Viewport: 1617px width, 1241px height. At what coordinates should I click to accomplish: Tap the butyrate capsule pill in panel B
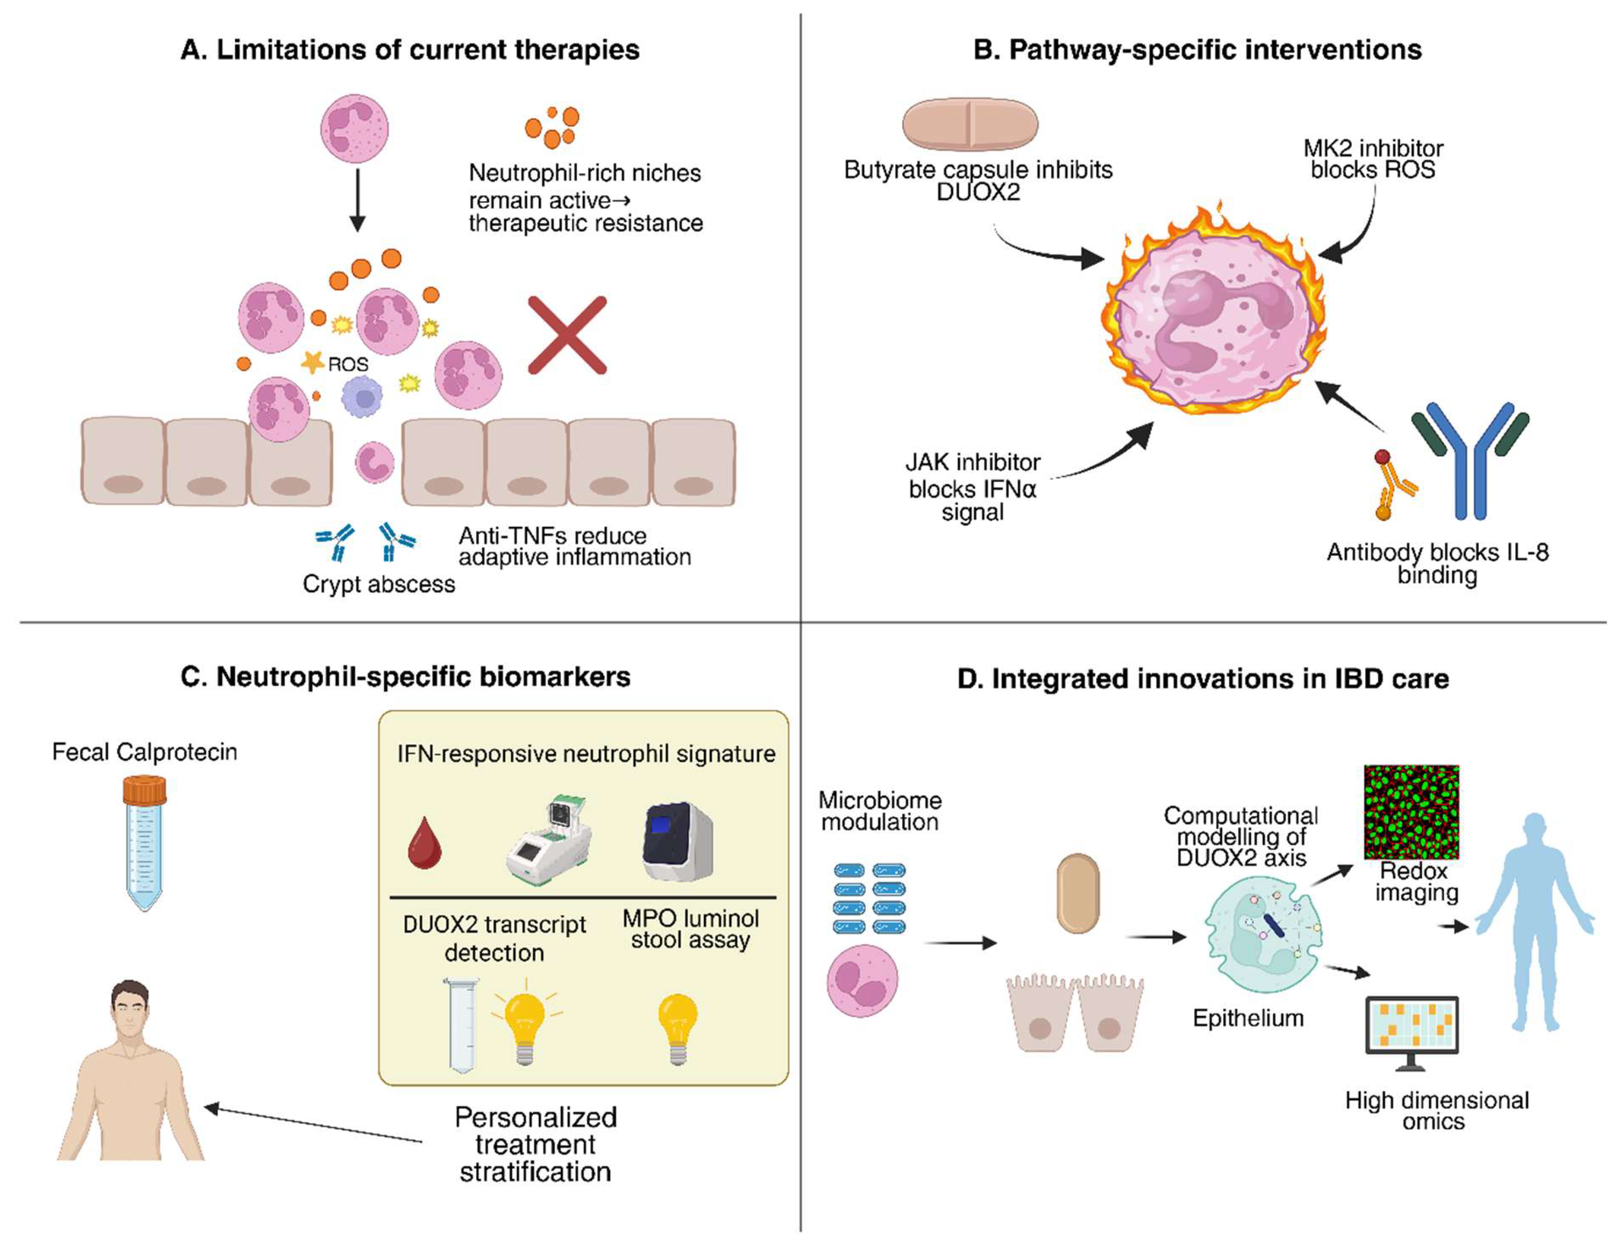pos(970,124)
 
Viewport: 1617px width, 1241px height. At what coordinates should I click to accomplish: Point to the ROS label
pos(348,364)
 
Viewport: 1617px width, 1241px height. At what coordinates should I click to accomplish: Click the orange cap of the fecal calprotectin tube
pos(144,790)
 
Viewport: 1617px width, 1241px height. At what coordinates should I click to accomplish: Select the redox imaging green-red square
pos(1410,812)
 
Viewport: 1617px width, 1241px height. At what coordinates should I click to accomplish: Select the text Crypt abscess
pos(379,585)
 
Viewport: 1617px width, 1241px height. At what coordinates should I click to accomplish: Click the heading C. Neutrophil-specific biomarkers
pos(405,677)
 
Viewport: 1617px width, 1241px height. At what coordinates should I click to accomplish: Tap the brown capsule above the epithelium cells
pos(1078,893)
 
